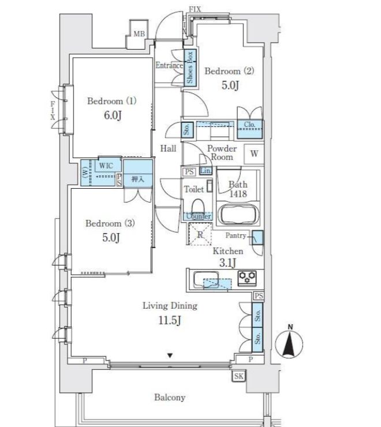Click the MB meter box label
coord(139,34)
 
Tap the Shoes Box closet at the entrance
coord(190,68)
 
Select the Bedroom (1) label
coord(112,101)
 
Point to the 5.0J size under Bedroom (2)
coord(230,86)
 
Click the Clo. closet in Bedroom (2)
coord(250,126)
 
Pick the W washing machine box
coord(254,155)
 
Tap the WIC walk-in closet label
coord(106,166)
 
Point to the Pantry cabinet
coord(257,238)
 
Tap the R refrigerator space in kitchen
coord(200,234)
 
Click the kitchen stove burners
coord(248,277)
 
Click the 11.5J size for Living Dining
coord(170,321)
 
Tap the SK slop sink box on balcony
coord(238,377)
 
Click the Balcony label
coord(170,398)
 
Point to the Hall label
coord(168,148)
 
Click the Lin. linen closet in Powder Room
coord(206,171)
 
